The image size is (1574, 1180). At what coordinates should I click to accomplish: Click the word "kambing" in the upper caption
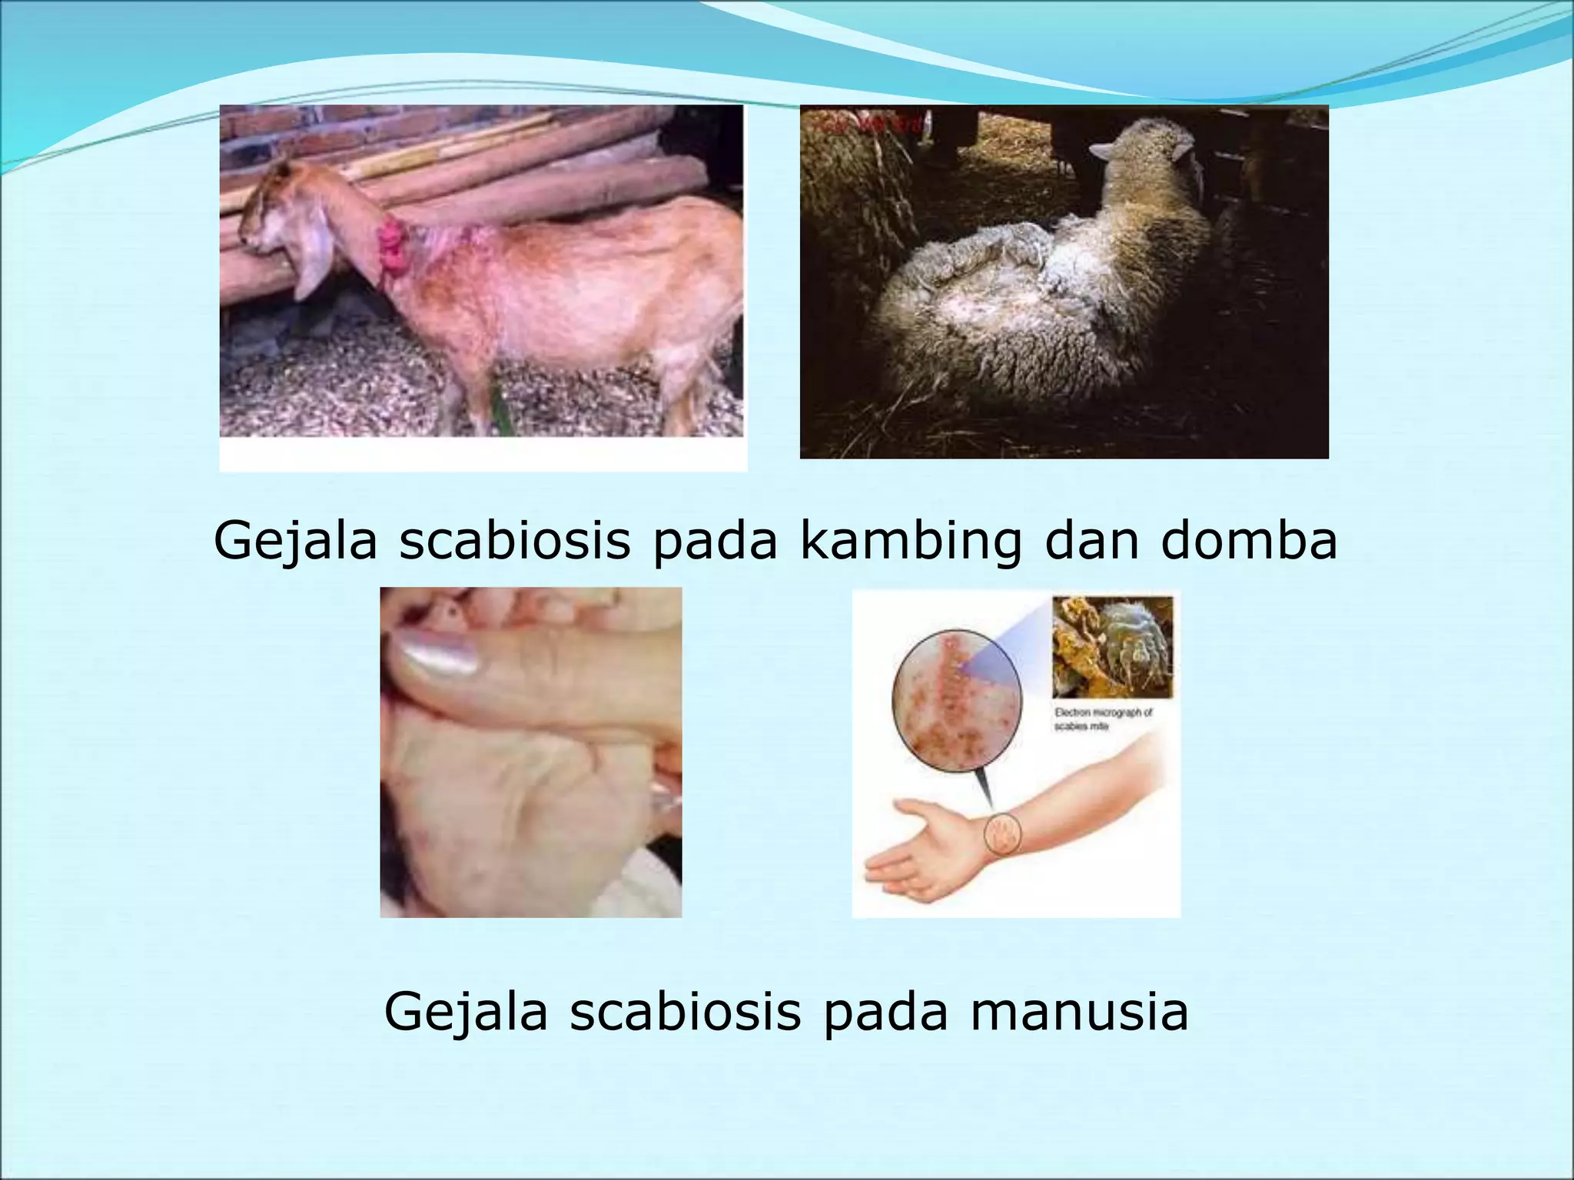click(x=912, y=542)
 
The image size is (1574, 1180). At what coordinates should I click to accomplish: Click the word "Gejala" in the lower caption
click(x=466, y=1013)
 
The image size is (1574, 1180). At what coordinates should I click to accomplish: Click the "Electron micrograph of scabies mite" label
click(x=1103, y=719)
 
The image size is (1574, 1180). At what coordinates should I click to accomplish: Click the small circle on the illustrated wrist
click(x=1002, y=834)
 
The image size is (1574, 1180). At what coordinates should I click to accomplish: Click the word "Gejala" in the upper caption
click(x=296, y=541)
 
